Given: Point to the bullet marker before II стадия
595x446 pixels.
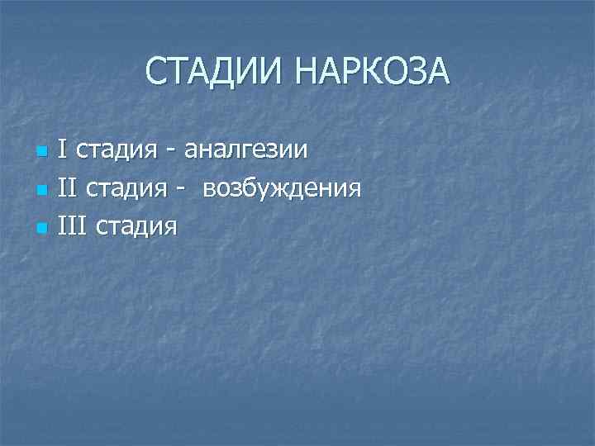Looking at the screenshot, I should pyautogui.click(x=40, y=191).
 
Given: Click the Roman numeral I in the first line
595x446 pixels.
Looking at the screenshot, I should pyautogui.click(x=63, y=150).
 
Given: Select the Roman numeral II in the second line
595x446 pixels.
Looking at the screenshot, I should pyautogui.click(x=67, y=187).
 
